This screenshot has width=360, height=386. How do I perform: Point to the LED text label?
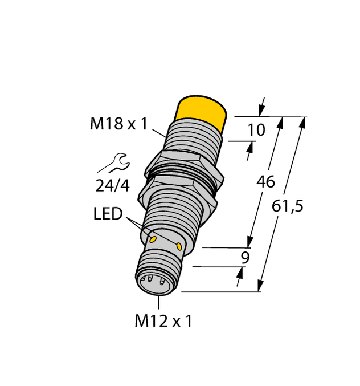[x=108, y=214]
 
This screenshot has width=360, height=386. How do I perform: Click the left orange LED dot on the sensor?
[x=152, y=235]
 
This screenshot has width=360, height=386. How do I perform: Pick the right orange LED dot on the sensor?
[x=179, y=246]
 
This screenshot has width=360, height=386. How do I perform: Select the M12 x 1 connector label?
[x=163, y=322]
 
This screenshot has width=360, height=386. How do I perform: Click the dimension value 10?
[x=256, y=130]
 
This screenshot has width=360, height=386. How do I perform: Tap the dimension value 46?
[x=265, y=182]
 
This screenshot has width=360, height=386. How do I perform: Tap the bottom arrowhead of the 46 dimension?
[x=249, y=242]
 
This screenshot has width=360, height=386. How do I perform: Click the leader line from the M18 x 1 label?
[x=159, y=133]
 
